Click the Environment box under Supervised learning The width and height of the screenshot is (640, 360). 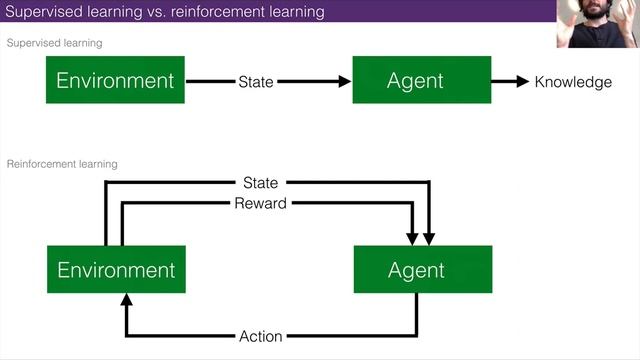click(x=115, y=81)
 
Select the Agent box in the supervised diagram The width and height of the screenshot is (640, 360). click(x=415, y=81)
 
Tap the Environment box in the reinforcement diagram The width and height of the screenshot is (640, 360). click(x=116, y=270)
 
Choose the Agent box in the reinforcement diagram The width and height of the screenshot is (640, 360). click(x=416, y=270)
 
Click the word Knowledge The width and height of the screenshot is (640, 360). click(x=573, y=82)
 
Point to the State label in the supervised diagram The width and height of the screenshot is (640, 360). click(x=256, y=82)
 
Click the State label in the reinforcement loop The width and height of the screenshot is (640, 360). click(x=260, y=183)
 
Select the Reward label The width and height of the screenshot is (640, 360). click(x=260, y=203)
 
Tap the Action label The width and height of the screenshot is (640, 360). click(x=261, y=336)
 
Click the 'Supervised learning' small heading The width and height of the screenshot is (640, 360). click(x=55, y=44)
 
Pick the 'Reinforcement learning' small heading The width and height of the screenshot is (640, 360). click(x=63, y=163)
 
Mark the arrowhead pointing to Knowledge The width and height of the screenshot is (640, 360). click(x=521, y=82)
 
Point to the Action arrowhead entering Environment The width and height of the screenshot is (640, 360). click(x=125, y=299)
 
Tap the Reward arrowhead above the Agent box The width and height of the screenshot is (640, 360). click(x=412, y=238)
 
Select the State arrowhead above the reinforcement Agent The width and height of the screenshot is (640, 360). click(x=429, y=238)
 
